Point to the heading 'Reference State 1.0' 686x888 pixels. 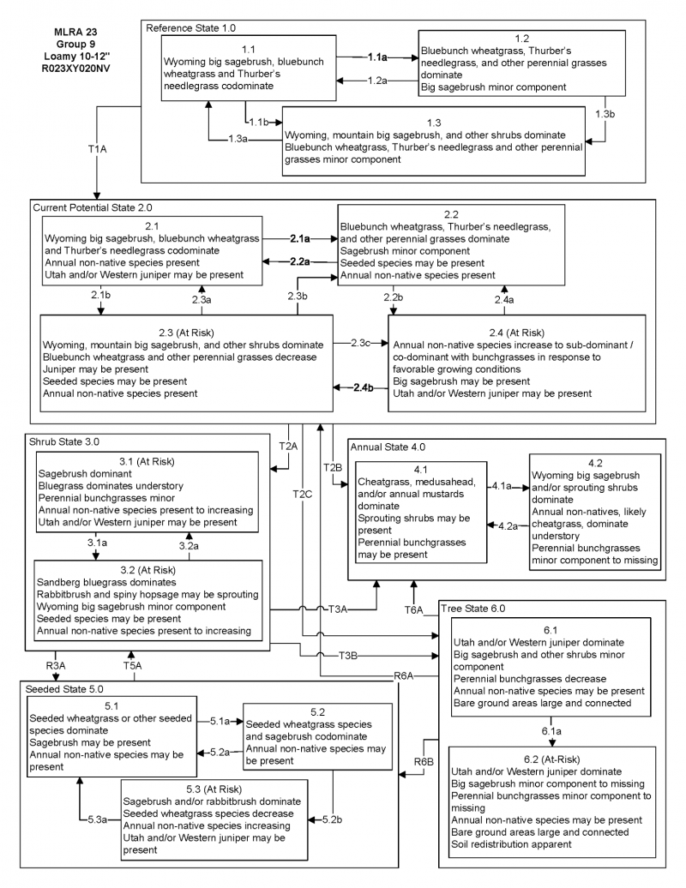point(190,28)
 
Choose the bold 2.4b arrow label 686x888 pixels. point(363,388)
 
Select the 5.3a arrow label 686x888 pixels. point(99,820)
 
